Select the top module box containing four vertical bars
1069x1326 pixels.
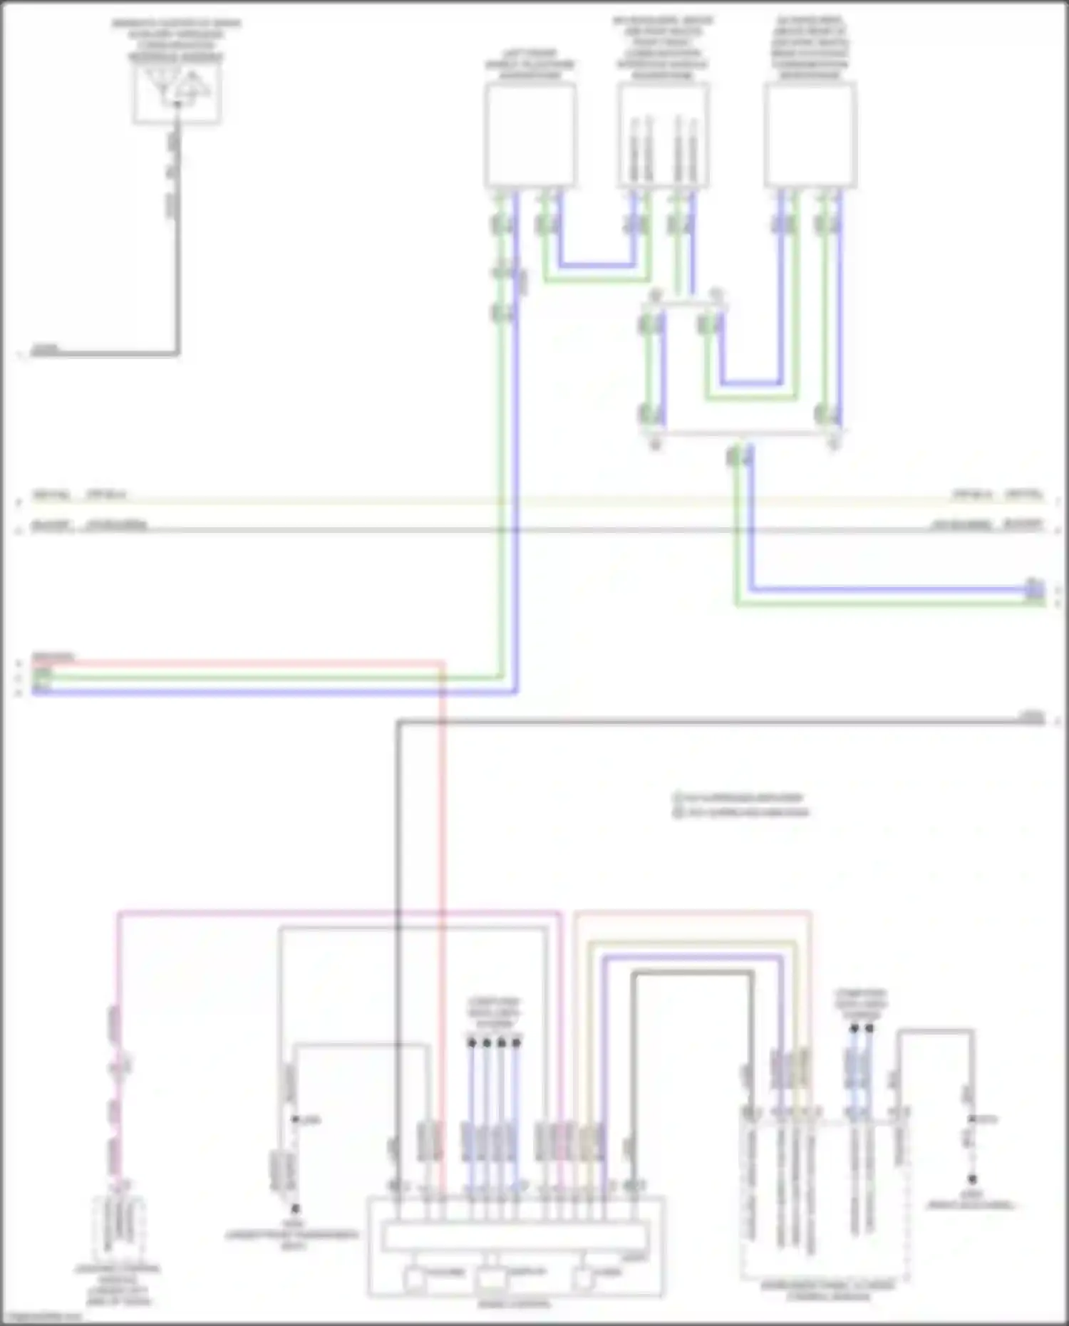[x=663, y=135]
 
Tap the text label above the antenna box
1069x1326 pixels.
[x=176, y=39]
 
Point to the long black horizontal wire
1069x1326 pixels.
[x=713, y=722]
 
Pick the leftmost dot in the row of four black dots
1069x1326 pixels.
[x=471, y=1042]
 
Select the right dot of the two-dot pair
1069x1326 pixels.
[x=869, y=1028]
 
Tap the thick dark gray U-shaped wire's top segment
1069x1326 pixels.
[x=691, y=973]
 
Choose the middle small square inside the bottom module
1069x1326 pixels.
[x=491, y=1278]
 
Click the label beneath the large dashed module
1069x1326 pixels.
[x=827, y=1290]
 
